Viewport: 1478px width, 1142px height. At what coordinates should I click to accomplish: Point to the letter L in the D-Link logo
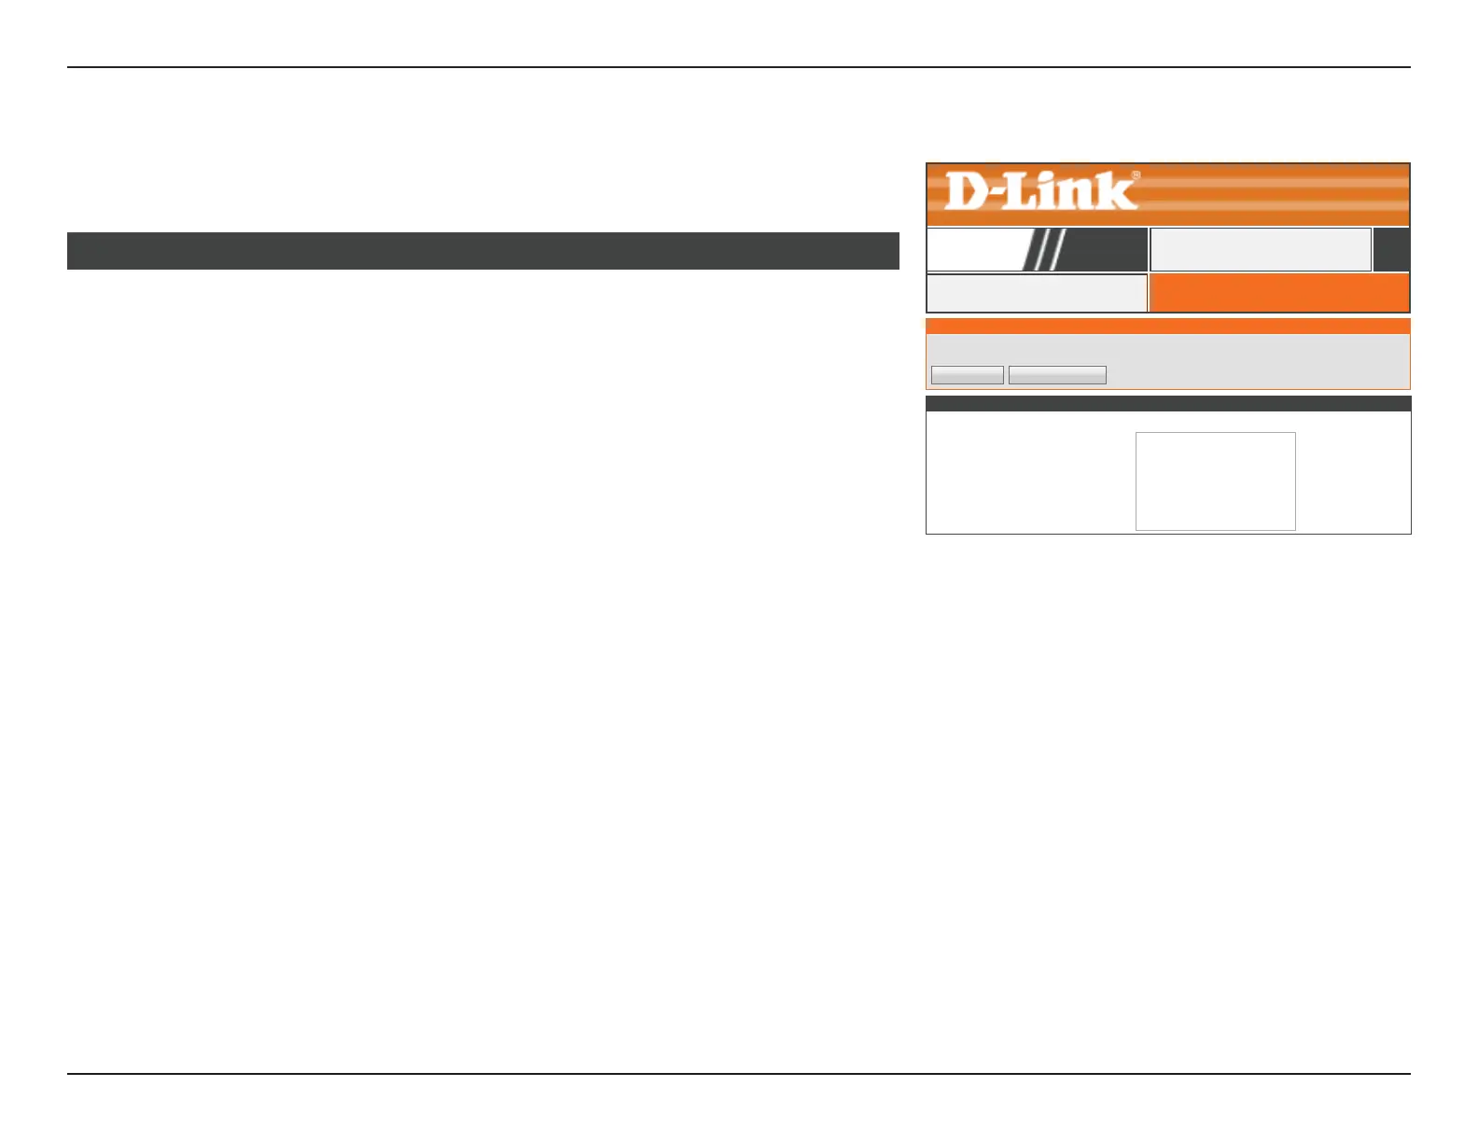tap(1020, 190)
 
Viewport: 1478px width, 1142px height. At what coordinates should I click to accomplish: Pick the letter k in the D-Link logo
tap(1117, 190)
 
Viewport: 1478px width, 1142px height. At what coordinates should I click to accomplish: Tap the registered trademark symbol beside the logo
tap(1136, 174)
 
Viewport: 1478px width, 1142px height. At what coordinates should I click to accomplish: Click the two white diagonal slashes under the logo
tap(1043, 249)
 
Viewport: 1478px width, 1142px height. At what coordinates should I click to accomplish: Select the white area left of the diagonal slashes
tap(972, 249)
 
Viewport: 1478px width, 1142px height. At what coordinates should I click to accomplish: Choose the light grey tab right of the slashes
tap(1260, 249)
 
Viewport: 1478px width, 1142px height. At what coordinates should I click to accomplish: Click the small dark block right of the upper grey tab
tap(1391, 249)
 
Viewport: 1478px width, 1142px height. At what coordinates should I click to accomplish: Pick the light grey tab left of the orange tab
tap(1036, 293)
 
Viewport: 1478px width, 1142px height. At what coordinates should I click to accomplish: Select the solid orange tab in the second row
tap(1278, 293)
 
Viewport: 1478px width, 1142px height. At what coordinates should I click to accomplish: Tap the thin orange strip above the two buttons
tap(1167, 326)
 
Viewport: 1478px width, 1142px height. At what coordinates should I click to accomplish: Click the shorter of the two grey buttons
tap(968, 375)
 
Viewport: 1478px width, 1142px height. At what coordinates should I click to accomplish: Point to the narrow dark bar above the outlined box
tap(1167, 403)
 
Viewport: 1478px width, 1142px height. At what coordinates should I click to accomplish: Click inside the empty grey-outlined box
tap(1215, 480)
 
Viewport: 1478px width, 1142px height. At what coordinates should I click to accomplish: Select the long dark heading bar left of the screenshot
tap(482, 251)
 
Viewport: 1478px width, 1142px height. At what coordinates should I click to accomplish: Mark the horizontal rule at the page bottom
tap(738, 1074)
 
